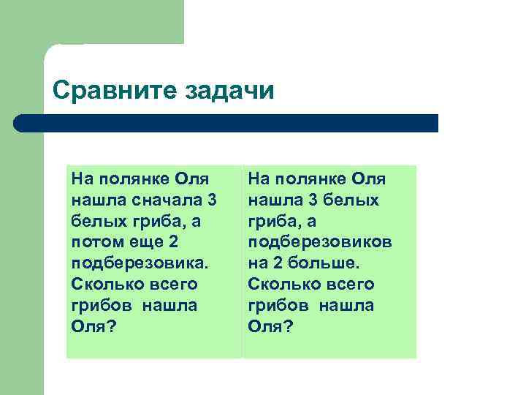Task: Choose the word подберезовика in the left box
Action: (x=140, y=263)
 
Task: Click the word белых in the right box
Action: (x=354, y=200)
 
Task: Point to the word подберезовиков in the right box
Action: (x=319, y=241)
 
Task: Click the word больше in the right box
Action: (x=326, y=263)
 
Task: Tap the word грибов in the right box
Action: (x=277, y=305)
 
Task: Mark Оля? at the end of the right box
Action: (x=270, y=326)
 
